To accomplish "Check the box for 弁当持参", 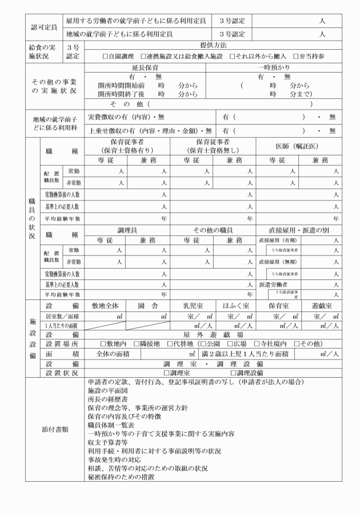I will point(296,57).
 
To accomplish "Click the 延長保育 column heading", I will point(145,68).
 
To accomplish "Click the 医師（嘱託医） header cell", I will point(298,145).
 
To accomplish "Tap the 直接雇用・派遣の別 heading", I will point(298,230).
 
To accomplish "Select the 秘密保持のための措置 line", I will point(122,476).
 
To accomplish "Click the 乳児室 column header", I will point(193,306).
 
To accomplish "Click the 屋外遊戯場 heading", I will point(213,334).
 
